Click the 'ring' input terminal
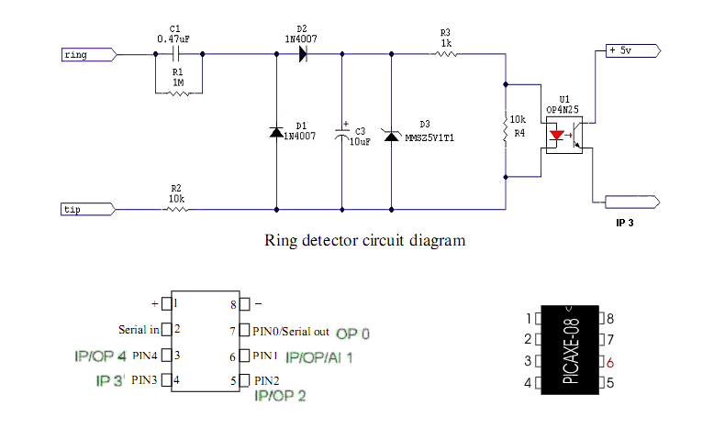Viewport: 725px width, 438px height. click(89, 54)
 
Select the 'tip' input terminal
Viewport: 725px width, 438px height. click(88, 209)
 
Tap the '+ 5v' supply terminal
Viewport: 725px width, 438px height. click(633, 50)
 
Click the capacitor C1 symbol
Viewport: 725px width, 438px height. click(175, 54)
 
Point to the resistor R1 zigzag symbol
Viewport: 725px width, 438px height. click(178, 93)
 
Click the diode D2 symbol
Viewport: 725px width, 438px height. click(303, 54)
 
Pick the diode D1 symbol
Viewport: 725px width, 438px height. click(276, 133)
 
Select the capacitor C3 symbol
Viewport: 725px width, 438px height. click(342, 133)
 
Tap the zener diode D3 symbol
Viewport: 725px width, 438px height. click(391, 136)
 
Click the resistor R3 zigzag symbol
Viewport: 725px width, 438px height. click(446, 54)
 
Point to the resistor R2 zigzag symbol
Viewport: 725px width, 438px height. click(176, 209)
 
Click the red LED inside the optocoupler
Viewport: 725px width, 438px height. click(556, 136)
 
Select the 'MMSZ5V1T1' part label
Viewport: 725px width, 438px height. click(429, 138)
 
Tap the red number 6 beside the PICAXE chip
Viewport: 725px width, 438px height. click(610, 363)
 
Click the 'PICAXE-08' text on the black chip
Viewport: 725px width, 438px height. click(571, 350)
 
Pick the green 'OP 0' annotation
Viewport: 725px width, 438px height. click(352, 334)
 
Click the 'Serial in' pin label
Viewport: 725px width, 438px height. click(139, 330)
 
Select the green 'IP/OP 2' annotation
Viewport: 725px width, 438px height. click(280, 396)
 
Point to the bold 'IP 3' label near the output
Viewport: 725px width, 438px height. click(625, 223)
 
